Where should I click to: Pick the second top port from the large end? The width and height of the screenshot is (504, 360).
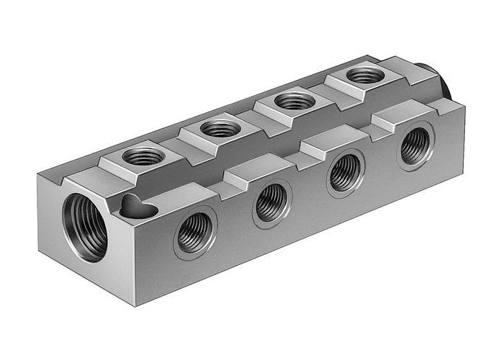click(220, 130)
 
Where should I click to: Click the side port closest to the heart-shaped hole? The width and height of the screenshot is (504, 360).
click(196, 232)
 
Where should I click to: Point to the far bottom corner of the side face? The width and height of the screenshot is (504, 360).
click(461, 170)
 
